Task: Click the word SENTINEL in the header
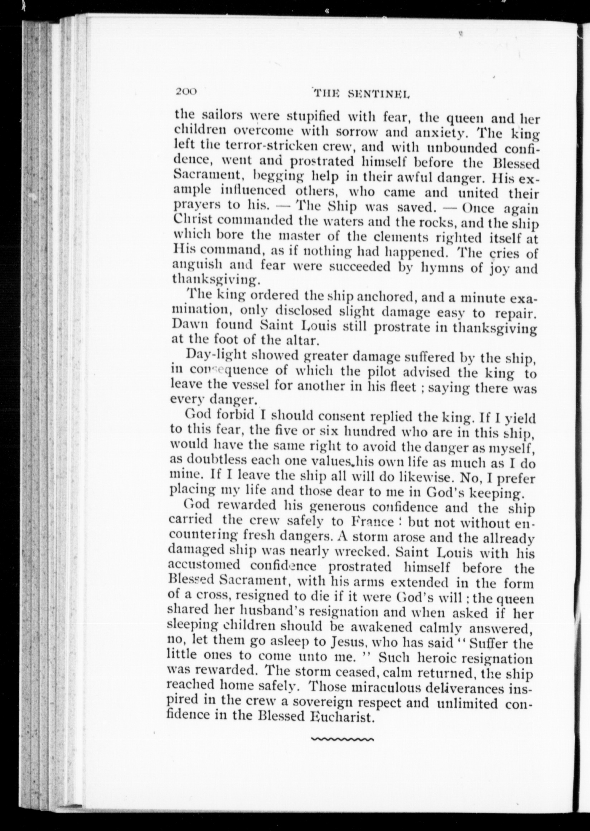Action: [378, 94]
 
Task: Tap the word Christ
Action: [193, 220]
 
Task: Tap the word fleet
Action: [403, 388]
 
